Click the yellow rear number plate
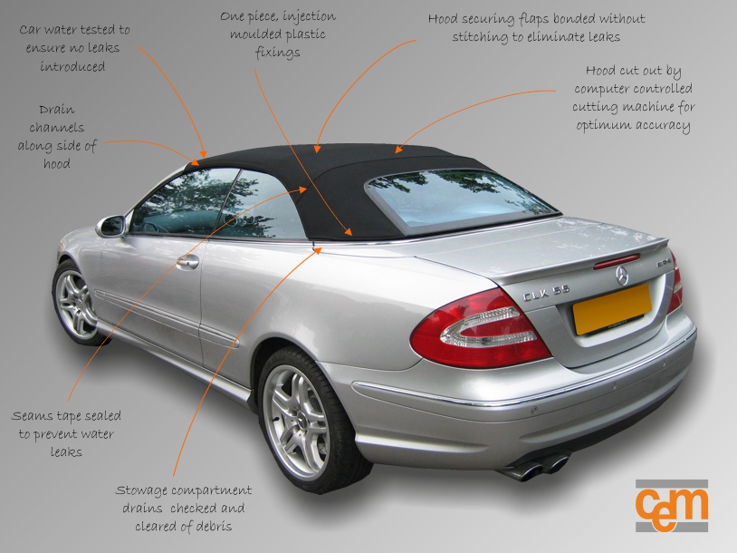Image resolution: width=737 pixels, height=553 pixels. click(611, 306)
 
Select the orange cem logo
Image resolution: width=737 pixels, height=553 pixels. click(671, 505)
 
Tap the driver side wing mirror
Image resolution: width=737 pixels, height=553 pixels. click(111, 226)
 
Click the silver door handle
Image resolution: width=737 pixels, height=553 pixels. click(187, 262)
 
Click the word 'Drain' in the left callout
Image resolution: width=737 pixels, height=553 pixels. click(57, 110)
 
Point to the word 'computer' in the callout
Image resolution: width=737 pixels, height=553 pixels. click(606, 89)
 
